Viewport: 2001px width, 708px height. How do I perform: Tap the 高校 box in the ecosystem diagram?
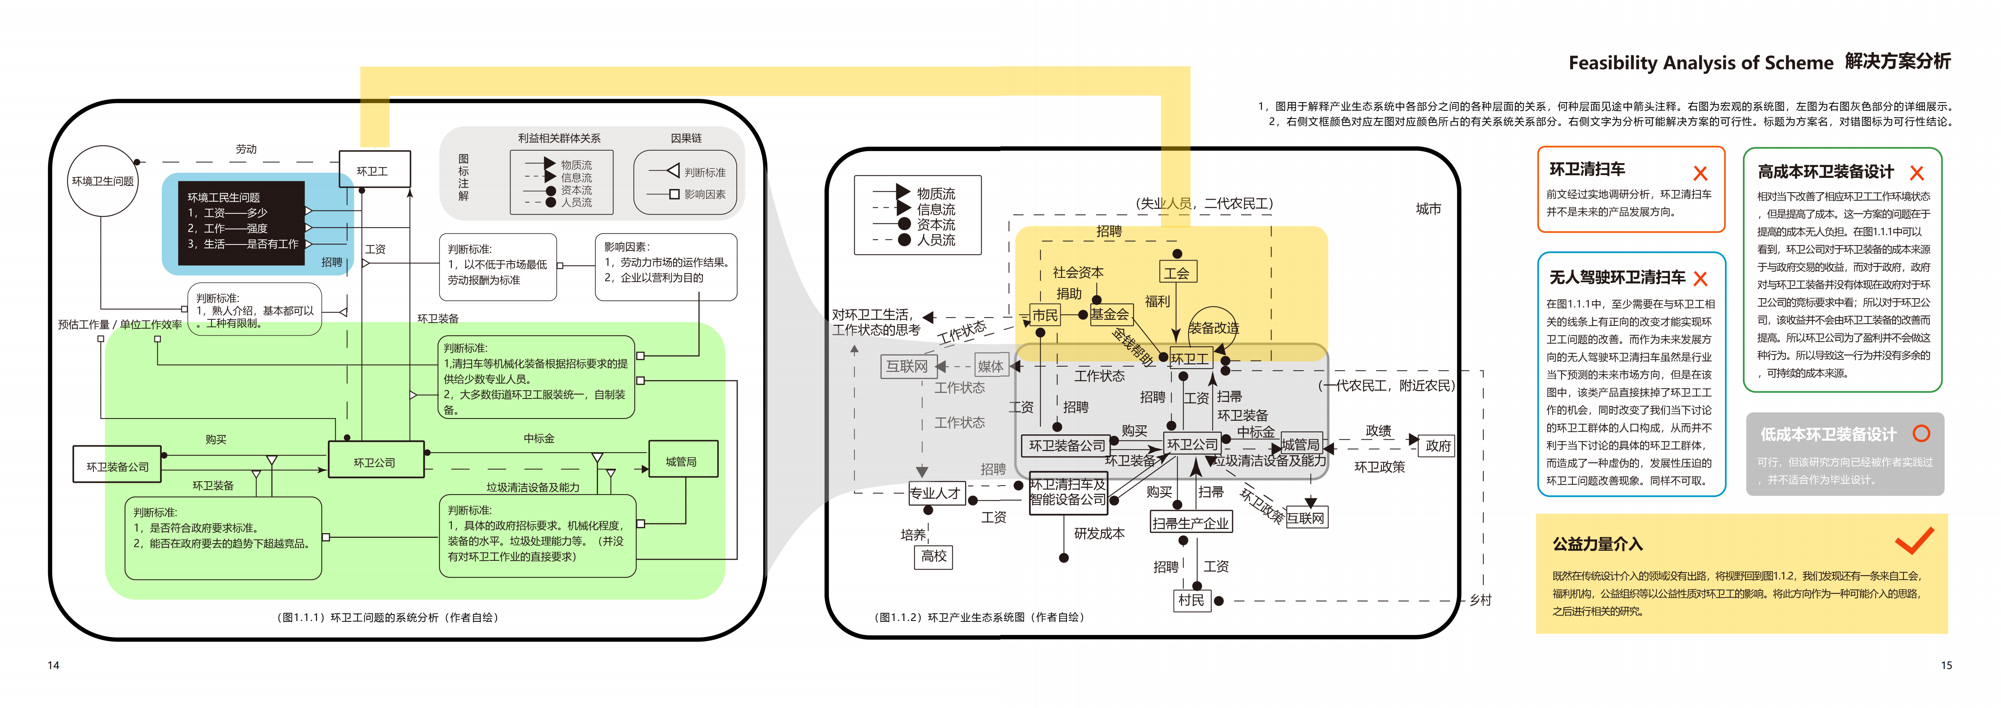pos(934,557)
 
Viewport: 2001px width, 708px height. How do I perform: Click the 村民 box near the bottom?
pos(1191,600)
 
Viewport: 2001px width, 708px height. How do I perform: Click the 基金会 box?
pos(1110,314)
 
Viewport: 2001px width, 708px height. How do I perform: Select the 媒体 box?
pos(990,366)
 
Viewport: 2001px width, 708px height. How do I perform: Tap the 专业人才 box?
pos(935,493)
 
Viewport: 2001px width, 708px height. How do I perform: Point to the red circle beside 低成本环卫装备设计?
pos(1921,434)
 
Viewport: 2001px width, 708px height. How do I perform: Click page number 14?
pos(54,665)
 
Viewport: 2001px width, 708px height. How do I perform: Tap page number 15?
pos(1946,665)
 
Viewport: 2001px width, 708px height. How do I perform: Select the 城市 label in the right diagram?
pos(1428,208)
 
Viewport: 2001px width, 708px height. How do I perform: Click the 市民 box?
pos(1045,315)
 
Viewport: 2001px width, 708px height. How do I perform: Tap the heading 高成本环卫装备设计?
pos(1826,172)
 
